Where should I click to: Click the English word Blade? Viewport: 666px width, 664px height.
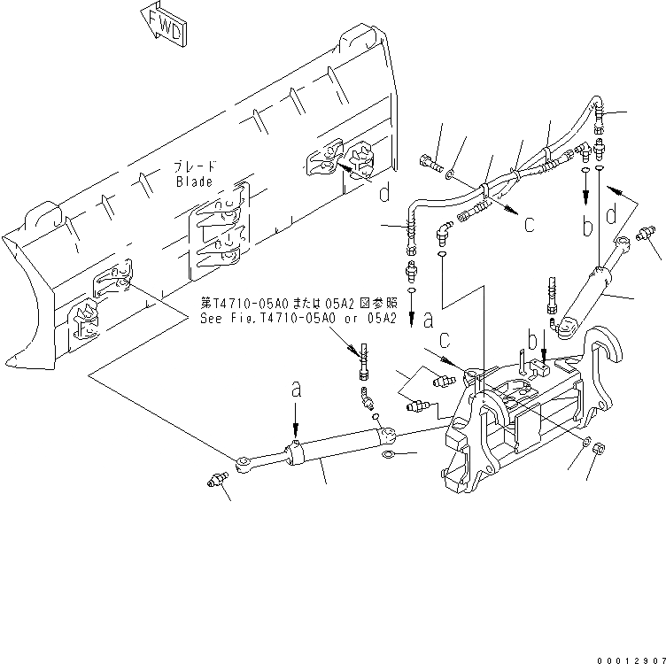tap(193, 181)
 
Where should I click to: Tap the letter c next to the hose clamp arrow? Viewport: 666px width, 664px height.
tap(528, 224)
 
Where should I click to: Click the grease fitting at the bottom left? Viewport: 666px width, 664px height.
tap(213, 479)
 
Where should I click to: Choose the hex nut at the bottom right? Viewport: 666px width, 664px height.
tap(598, 449)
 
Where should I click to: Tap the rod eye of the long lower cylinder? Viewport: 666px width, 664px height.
tap(244, 461)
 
